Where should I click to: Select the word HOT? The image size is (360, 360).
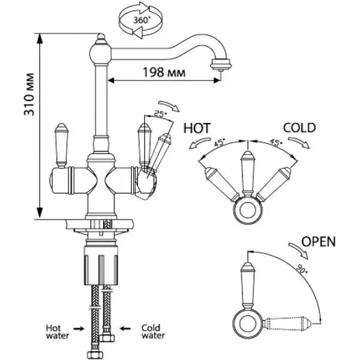(197, 128)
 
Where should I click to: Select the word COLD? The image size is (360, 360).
(299, 128)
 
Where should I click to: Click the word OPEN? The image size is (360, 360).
(318, 242)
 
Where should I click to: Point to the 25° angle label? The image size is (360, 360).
(159, 114)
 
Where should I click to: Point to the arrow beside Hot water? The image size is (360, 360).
(82, 328)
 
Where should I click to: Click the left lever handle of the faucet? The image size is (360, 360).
(61, 144)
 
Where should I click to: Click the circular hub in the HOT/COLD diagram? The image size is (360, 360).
(247, 209)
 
